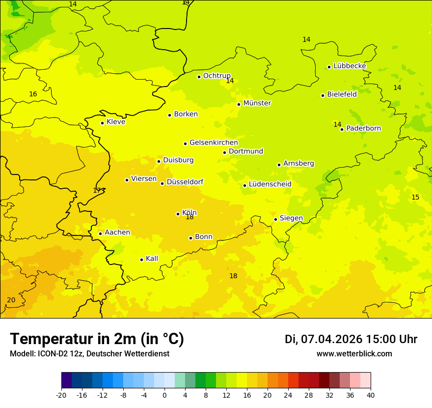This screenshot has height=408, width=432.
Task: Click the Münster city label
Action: tap(257, 103)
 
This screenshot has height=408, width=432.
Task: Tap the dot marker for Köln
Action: tap(178, 214)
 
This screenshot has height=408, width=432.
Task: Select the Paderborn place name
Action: tap(363, 128)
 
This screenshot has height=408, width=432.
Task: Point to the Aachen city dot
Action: tap(100, 233)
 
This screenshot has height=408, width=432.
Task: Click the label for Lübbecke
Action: tap(350, 66)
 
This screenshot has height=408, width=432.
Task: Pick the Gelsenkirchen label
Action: tap(214, 143)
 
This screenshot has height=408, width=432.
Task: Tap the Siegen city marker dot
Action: tap(275, 219)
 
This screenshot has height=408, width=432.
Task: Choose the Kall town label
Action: tap(152, 259)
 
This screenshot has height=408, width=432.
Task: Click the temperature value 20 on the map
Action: tap(11, 300)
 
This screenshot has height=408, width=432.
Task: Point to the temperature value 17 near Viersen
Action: tap(97, 190)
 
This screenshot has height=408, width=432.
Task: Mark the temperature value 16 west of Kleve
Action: tap(33, 94)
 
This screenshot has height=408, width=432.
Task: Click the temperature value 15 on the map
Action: tap(415, 197)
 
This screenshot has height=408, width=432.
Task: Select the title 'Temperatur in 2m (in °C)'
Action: tap(97, 339)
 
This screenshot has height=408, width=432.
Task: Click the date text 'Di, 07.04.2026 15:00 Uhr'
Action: tap(351, 339)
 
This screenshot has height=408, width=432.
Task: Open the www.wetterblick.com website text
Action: tap(354, 354)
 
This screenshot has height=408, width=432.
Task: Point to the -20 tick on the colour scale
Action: tap(61, 395)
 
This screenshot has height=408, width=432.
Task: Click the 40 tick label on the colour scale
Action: tap(371, 395)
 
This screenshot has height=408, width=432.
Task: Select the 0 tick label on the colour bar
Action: tap(164, 395)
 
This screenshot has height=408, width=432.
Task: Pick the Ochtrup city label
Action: tap(216, 76)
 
